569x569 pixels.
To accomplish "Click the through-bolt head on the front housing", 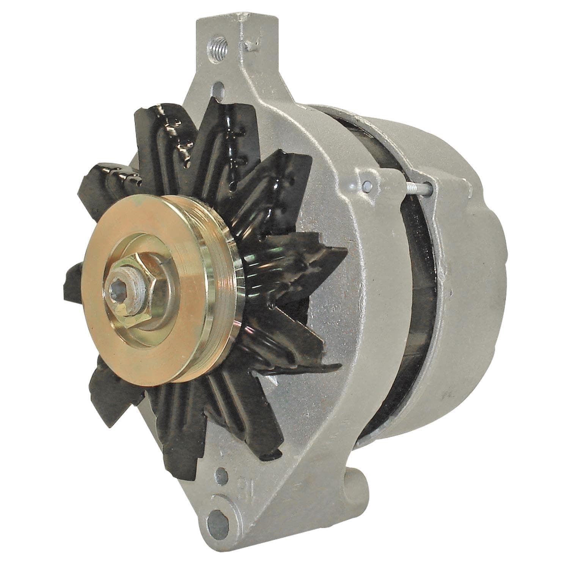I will click(367, 185).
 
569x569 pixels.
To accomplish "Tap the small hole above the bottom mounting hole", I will click(222, 484).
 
